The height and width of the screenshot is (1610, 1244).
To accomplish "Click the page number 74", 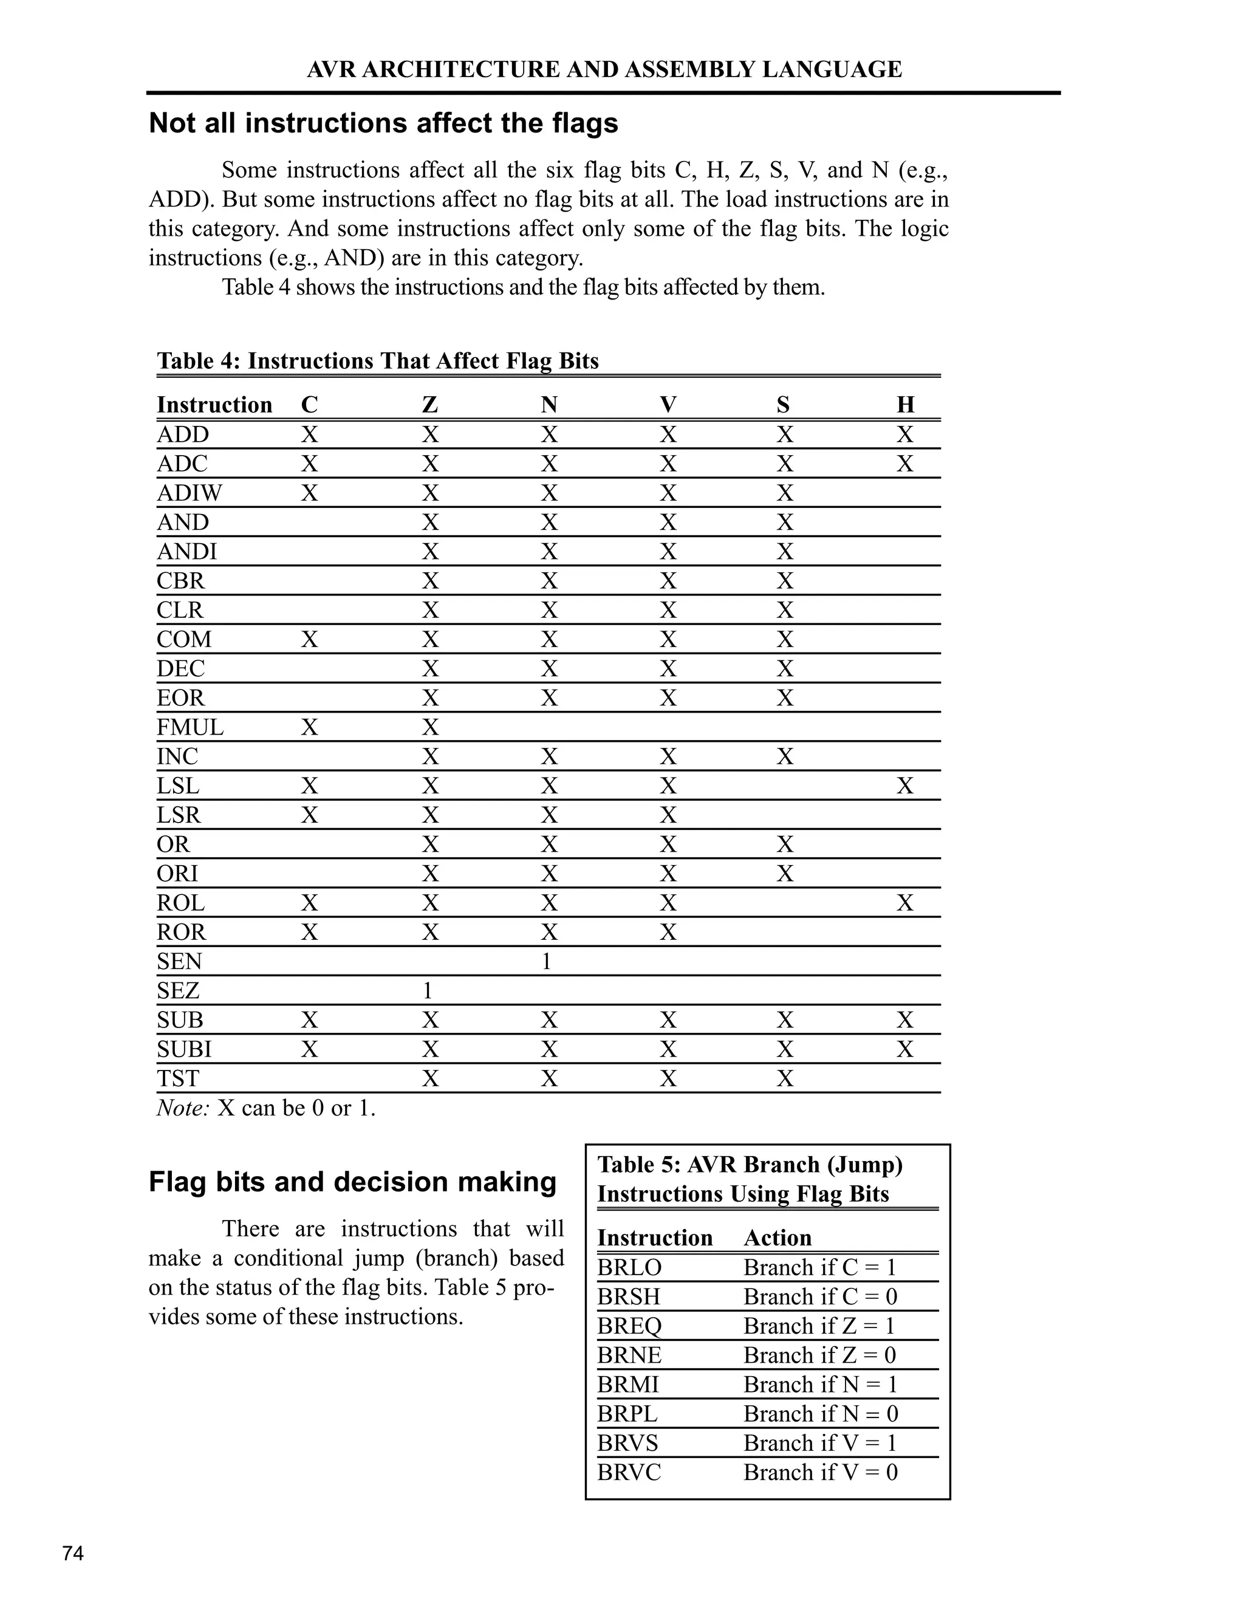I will (73, 1553).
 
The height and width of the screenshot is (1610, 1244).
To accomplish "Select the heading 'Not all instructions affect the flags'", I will (383, 123).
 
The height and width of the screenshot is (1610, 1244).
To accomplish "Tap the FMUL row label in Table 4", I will (190, 728).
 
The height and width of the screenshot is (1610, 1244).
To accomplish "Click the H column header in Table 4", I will (905, 405).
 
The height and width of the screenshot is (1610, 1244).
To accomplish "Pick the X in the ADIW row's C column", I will (310, 493).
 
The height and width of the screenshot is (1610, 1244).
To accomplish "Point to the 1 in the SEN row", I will (546, 961).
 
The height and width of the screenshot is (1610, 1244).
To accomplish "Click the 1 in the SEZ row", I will (428, 991).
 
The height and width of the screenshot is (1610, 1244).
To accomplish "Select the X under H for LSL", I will (905, 786).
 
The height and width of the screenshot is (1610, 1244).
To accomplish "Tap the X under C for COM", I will (310, 639).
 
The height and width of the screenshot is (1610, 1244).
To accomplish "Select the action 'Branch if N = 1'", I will (819, 1385).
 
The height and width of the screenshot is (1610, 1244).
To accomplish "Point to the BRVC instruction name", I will (629, 1472).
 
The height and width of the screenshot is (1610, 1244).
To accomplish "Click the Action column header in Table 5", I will (777, 1238).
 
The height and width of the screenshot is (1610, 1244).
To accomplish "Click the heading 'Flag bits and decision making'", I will (352, 1182).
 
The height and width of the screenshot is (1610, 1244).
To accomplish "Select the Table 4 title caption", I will (377, 361).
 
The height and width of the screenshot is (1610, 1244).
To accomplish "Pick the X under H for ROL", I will (905, 903).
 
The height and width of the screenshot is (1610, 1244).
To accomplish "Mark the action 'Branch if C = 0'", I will (819, 1297).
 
